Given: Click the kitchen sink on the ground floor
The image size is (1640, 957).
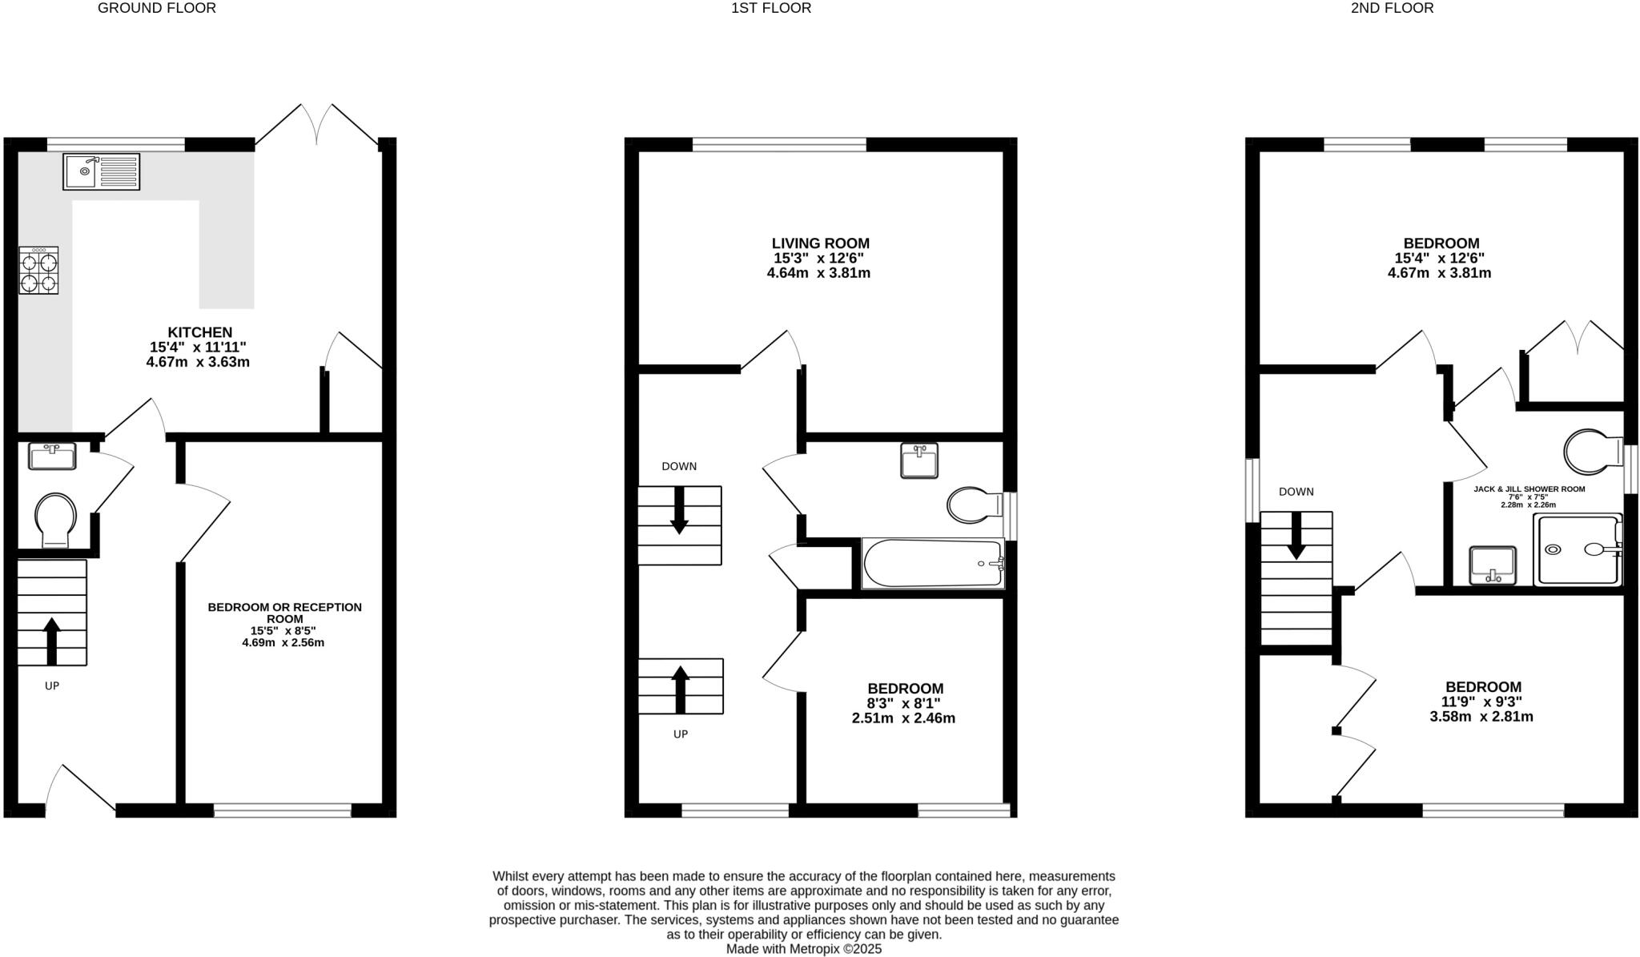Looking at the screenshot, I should [x=101, y=171].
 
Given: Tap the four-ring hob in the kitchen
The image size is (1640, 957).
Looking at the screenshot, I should [x=38, y=271].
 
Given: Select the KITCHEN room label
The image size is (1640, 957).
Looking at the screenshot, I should [x=199, y=332].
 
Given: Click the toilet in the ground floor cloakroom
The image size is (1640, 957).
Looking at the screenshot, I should [x=55, y=519].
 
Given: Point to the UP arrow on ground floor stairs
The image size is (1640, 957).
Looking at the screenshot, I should [x=52, y=641].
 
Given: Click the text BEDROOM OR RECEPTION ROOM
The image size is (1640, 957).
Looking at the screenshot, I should [x=284, y=613].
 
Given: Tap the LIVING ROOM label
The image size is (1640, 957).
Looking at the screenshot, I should [x=820, y=243].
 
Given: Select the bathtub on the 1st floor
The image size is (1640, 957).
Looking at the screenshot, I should [x=933, y=564].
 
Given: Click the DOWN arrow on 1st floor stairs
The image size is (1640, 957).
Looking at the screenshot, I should [x=679, y=510].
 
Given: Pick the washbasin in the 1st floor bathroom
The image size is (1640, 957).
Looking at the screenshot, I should [x=918, y=461].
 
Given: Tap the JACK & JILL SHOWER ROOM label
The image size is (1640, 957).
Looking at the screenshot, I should [x=1529, y=489].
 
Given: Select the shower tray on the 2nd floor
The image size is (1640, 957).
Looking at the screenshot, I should [x=1577, y=550].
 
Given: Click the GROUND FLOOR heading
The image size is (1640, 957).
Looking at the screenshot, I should [x=157, y=8].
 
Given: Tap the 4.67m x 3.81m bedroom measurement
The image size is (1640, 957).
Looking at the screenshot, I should [x=1439, y=273].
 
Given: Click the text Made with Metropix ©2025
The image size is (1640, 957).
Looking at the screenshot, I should [x=803, y=949].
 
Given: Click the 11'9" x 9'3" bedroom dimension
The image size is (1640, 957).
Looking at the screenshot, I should [x=1481, y=702].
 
